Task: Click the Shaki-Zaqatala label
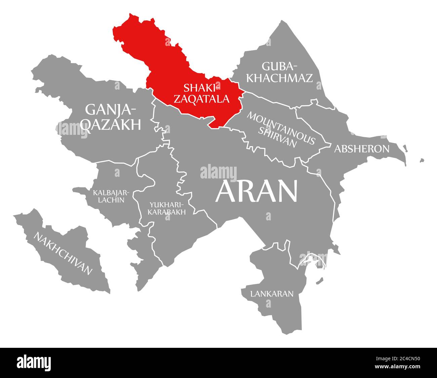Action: [206, 93]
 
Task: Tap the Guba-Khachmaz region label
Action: [279, 72]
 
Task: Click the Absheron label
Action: [361, 149]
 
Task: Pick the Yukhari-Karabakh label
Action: [167, 208]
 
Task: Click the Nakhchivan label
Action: [63, 253]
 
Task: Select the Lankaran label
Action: [272, 294]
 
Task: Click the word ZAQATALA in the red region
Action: [206, 99]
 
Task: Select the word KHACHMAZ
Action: [279, 78]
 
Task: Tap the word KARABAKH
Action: [167, 212]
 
